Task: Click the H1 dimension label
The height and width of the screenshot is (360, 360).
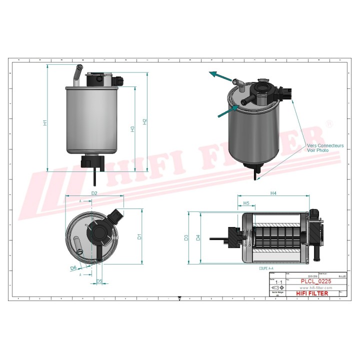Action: (45, 122)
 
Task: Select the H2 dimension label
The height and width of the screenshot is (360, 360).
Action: (144, 121)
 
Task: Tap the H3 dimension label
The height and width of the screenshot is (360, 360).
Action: (132, 128)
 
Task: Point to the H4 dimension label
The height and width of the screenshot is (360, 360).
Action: (273, 193)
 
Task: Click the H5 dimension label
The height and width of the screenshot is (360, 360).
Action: (246, 203)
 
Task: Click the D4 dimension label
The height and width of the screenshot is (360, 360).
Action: (198, 237)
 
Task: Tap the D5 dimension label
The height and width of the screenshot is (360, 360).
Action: (99, 281)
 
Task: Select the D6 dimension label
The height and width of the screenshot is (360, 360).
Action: (73, 268)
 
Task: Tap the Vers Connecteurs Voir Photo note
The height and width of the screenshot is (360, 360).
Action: (325, 147)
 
